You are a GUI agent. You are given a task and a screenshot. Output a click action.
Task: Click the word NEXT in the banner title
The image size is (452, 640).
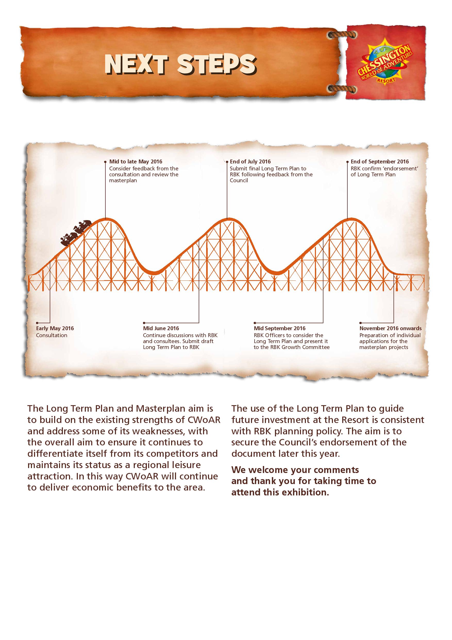(137, 64)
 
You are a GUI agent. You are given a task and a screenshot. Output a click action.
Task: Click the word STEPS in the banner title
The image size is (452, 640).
(216, 64)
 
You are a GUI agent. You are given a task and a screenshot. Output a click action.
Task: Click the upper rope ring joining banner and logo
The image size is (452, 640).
(342, 35)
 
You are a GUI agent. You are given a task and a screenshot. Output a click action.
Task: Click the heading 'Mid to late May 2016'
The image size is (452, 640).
(136, 161)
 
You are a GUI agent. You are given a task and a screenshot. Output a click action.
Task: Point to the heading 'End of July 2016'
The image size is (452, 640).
(250, 161)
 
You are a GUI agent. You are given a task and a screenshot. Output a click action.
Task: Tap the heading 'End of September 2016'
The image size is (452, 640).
(380, 161)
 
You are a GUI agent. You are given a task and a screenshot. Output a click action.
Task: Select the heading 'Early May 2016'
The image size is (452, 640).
(55, 328)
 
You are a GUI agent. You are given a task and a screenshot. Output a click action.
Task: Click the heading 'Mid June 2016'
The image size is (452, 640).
(161, 328)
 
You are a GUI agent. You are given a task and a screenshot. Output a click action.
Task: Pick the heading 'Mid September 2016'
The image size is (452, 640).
(280, 328)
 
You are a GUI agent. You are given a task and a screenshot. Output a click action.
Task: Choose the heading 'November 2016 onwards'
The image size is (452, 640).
(390, 328)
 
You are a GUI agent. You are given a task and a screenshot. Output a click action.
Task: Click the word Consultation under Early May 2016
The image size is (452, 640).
(52, 335)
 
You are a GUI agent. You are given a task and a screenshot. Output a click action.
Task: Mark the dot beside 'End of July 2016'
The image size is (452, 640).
(227, 161)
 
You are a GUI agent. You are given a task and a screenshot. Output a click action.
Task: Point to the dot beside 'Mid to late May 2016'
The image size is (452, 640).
(105, 161)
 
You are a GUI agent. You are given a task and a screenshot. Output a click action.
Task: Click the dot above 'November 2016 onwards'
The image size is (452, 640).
(361, 323)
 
